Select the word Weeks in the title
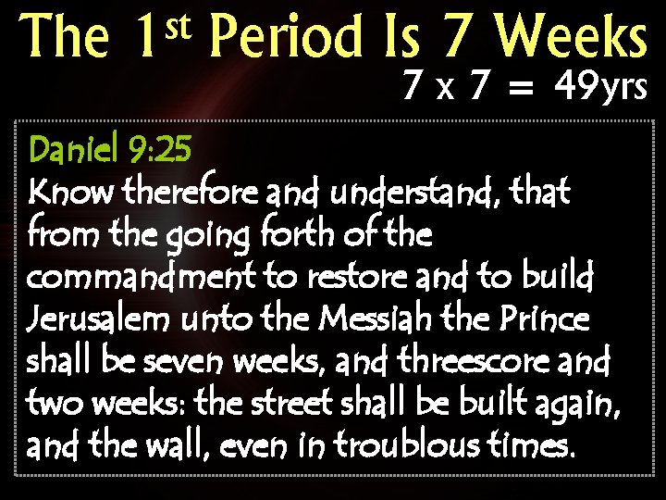[573, 39]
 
